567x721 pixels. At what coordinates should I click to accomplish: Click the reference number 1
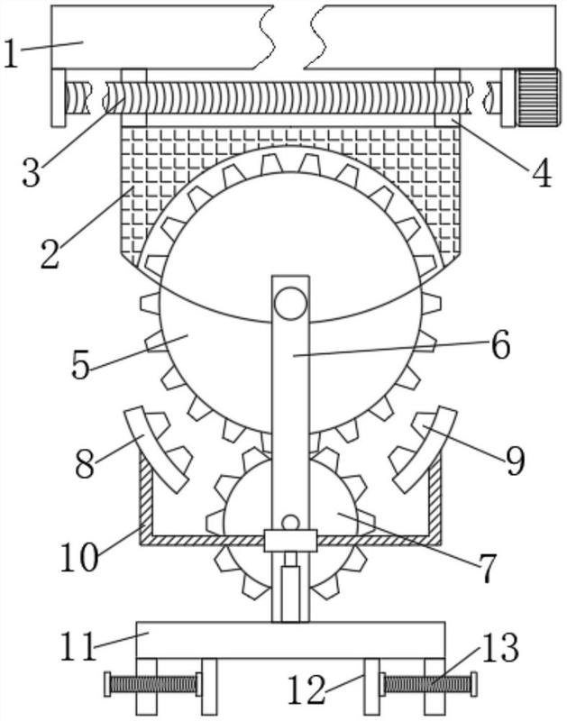tap(11, 53)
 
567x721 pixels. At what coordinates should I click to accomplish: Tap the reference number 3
tap(32, 171)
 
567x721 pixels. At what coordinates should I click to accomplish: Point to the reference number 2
tap(50, 253)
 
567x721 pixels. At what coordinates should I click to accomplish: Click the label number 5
tap(81, 365)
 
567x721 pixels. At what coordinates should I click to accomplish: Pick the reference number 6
tap(501, 344)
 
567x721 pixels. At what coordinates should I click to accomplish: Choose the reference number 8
tap(85, 464)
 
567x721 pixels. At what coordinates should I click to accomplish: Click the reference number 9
tap(515, 461)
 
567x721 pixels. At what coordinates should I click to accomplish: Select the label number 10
tap(79, 557)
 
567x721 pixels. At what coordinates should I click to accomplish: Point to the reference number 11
tap(78, 646)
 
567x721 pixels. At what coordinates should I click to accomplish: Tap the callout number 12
tap(306, 689)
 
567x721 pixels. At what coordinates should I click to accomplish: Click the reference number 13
tap(501, 647)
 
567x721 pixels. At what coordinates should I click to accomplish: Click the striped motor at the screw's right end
tap(538, 97)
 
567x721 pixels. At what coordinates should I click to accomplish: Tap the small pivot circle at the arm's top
tap(290, 303)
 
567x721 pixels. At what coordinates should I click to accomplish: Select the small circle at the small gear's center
tap(290, 523)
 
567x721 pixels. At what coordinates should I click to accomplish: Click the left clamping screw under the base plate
tap(153, 684)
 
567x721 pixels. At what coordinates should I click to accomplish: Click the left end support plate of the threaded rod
tap(58, 97)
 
